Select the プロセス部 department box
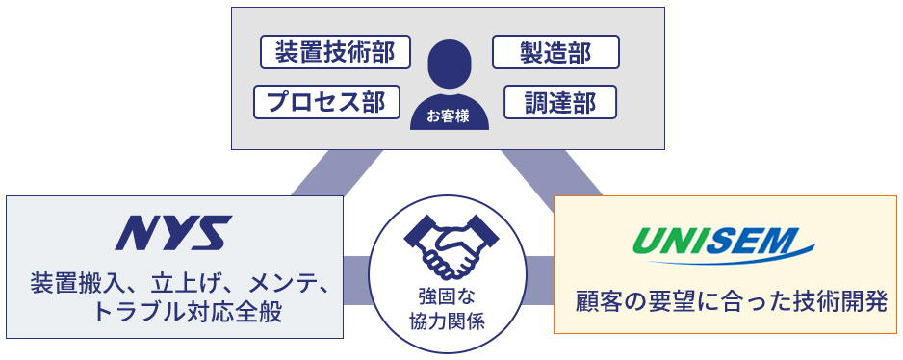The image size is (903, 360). tap(326, 102)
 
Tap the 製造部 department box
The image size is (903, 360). tap(555, 52)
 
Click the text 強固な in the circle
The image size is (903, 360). tap(448, 296)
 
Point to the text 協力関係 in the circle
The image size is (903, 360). tap(448, 321)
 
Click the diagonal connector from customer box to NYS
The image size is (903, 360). tap(320, 173)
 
